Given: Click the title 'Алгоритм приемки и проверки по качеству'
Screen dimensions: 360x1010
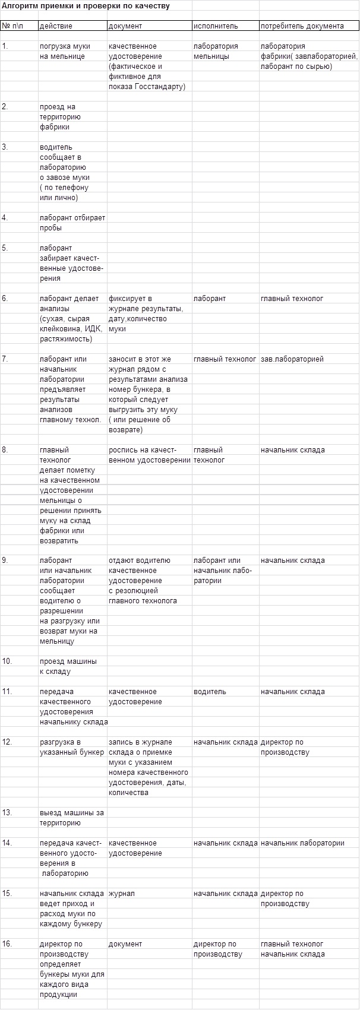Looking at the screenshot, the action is [86, 6].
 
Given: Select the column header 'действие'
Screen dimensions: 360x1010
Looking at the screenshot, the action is [56, 26].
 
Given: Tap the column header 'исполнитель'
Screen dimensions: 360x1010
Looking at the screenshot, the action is [216, 26].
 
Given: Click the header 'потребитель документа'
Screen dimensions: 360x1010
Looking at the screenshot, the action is [302, 26].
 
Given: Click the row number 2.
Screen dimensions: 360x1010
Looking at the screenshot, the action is [5, 107].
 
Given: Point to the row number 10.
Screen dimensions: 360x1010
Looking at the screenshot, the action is [7, 661].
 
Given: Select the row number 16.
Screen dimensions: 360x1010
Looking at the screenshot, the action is [7, 943].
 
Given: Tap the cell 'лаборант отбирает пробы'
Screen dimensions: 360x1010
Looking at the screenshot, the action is [72, 223].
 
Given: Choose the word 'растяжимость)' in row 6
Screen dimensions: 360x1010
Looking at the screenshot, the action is [66, 339].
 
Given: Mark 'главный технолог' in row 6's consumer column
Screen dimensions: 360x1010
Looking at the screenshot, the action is [292, 299].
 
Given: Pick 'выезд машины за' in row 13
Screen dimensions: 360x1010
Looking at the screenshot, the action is [71, 813].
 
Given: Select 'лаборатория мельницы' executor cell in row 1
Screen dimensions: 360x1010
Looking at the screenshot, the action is [216, 51].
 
